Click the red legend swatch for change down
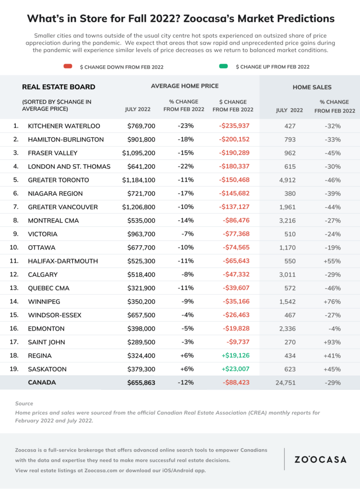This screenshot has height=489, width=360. click(x=68, y=66)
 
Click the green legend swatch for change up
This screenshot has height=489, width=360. click(x=223, y=66)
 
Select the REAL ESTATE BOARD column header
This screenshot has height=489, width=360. click(x=59, y=87)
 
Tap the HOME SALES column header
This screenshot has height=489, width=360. click(x=312, y=87)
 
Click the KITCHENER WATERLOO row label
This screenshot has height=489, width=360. click(x=64, y=126)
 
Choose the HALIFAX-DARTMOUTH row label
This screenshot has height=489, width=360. click(x=63, y=261)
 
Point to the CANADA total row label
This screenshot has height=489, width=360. click(x=42, y=382)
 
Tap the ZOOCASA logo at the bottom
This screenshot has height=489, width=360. click(x=320, y=459)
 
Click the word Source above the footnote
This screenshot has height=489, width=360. click(x=24, y=404)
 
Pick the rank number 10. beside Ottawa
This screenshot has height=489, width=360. click(x=16, y=248)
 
